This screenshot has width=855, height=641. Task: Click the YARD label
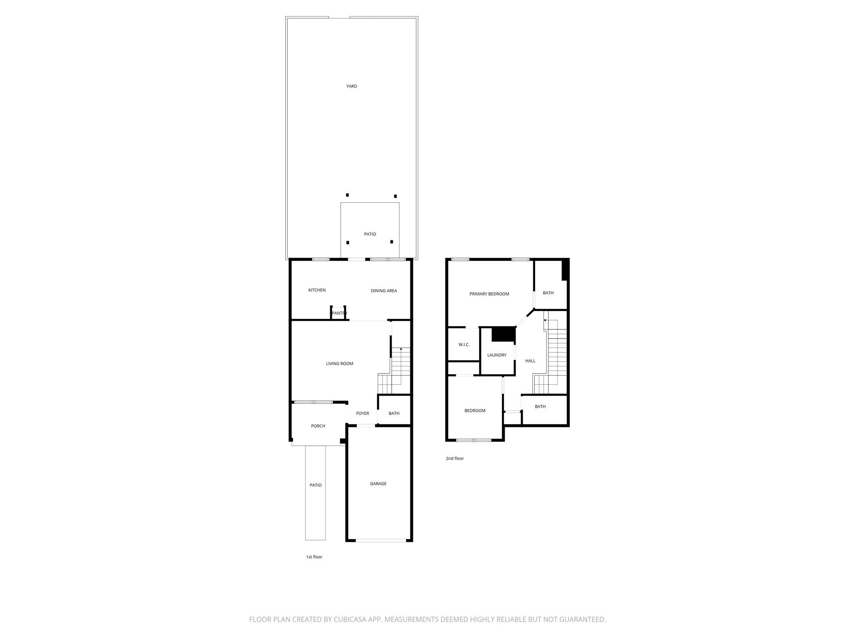click(x=352, y=86)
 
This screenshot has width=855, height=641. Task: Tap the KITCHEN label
click(x=317, y=290)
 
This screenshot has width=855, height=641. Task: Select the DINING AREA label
click(x=384, y=291)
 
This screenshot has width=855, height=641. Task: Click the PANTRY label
click(x=339, y=313)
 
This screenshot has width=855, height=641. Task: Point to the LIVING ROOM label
click(x=339, y=363)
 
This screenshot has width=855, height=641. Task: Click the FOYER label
click(x=362, y=414)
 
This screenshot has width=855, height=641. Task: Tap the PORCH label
click(x=318, y=426)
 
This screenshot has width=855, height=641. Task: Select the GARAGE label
click(x=378, y=484)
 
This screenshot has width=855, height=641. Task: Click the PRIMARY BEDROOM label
click(x=489, y=294)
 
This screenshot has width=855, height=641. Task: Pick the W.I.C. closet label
click(x=464, y=345)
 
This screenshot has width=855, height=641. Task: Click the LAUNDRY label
click(x=496, y=355)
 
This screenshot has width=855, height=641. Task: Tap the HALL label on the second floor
click(x=530, y=361)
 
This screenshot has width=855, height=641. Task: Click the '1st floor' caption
click(x=314, y=557)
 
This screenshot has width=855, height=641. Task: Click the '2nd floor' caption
click(x=455, y=458)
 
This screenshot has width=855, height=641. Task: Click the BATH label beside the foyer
click(x=394, y=414)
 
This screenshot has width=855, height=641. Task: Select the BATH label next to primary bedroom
click(x=548, y=293)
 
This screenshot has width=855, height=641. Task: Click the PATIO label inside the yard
click(x=370, y=234)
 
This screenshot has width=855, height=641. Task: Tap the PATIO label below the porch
click(x=315, y=485)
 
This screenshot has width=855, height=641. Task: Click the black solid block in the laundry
click(x=503, y=334)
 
